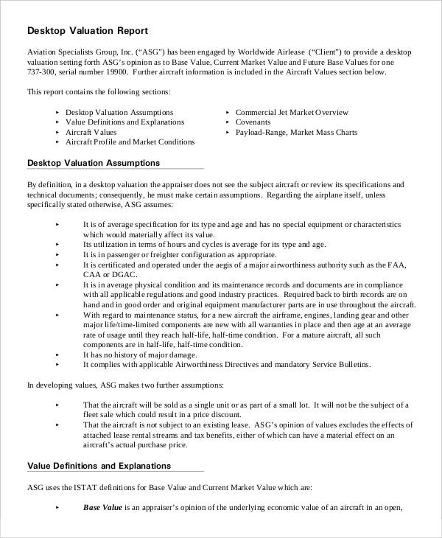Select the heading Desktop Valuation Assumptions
click(x=94, y=162)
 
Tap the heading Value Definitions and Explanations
click(x=99, y=466)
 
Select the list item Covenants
click(x=253, y=122)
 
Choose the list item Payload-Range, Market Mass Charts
click(x=296, y=132)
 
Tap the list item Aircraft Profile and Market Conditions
click(x=130, y=142)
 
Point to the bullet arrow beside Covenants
click(x=227, y=122)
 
